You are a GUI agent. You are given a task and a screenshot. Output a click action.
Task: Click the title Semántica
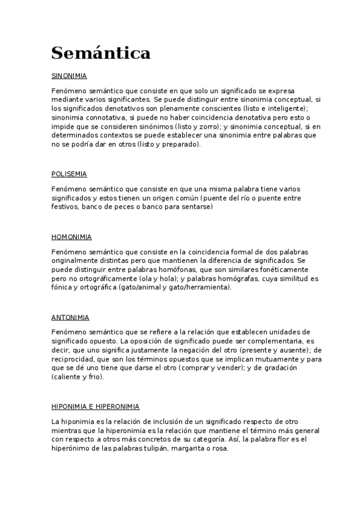coord(101,54)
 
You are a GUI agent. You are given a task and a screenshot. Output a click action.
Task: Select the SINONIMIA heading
coord(70,76)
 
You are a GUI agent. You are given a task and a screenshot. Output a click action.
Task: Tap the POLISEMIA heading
coord(69,174)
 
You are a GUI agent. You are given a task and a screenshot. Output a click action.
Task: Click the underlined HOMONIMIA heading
coord(72,237)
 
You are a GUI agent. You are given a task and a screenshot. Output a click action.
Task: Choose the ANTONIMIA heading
coord(70,318)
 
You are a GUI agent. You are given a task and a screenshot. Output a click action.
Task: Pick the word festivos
coord(65,207)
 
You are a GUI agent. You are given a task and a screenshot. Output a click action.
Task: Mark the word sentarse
coord(195,207)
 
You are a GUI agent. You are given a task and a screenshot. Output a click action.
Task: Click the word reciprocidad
coord(73,359)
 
